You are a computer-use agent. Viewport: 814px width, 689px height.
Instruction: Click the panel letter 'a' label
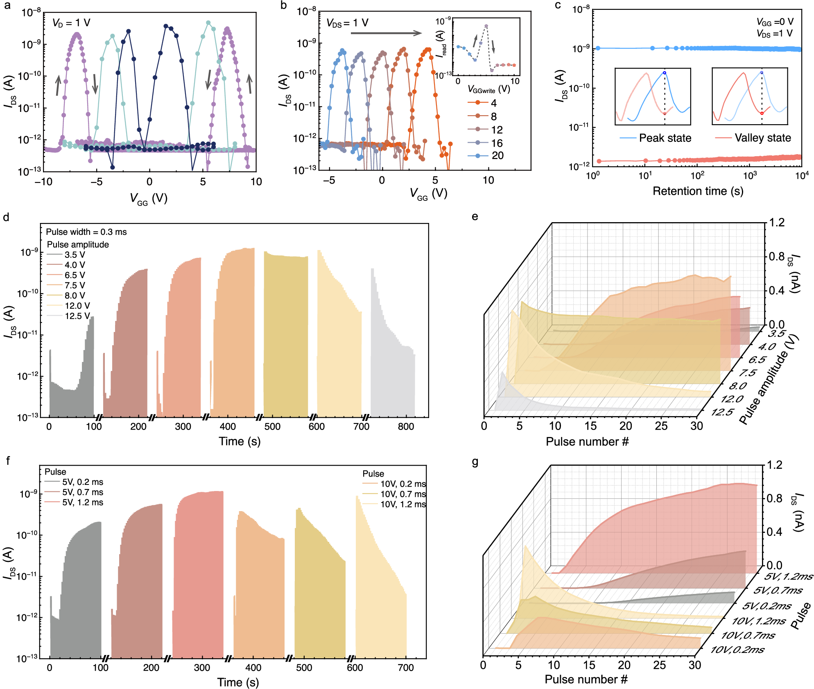click(x=7, y=5)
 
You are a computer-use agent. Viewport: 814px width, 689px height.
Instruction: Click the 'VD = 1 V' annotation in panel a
click(x=71, y=23)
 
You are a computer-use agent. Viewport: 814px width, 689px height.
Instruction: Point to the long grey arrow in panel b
click(x=386, y=33)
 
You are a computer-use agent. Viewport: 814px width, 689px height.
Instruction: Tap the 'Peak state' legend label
click(x=665, y=138)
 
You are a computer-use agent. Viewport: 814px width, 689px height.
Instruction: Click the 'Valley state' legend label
click(x=762, y=138)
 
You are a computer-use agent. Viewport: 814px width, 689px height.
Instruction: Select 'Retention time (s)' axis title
click(x=698, y=191)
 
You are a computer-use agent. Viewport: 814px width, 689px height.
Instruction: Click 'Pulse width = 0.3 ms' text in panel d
click(x=86, y=232)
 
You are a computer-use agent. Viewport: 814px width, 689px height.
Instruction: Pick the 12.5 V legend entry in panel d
click(x=77, y=316)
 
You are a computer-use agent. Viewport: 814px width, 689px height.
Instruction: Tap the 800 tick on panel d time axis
click(x=406, y=427)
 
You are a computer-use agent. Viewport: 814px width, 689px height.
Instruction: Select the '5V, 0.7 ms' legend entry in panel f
click(x=82, y=492)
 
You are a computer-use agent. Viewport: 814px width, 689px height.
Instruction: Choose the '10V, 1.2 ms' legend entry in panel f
click(x=403, y=505)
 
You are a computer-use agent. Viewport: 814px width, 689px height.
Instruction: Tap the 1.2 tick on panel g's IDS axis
click(x=775, y=465)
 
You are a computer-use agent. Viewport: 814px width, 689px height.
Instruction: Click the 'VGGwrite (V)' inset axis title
click(x=488, y=89)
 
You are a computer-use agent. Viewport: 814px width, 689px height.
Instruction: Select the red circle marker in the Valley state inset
click(x=762, y=113)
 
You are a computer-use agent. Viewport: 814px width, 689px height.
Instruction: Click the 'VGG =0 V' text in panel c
click(x=775, y=22)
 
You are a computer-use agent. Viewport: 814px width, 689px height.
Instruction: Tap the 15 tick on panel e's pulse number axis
click(x=590, y=426)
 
